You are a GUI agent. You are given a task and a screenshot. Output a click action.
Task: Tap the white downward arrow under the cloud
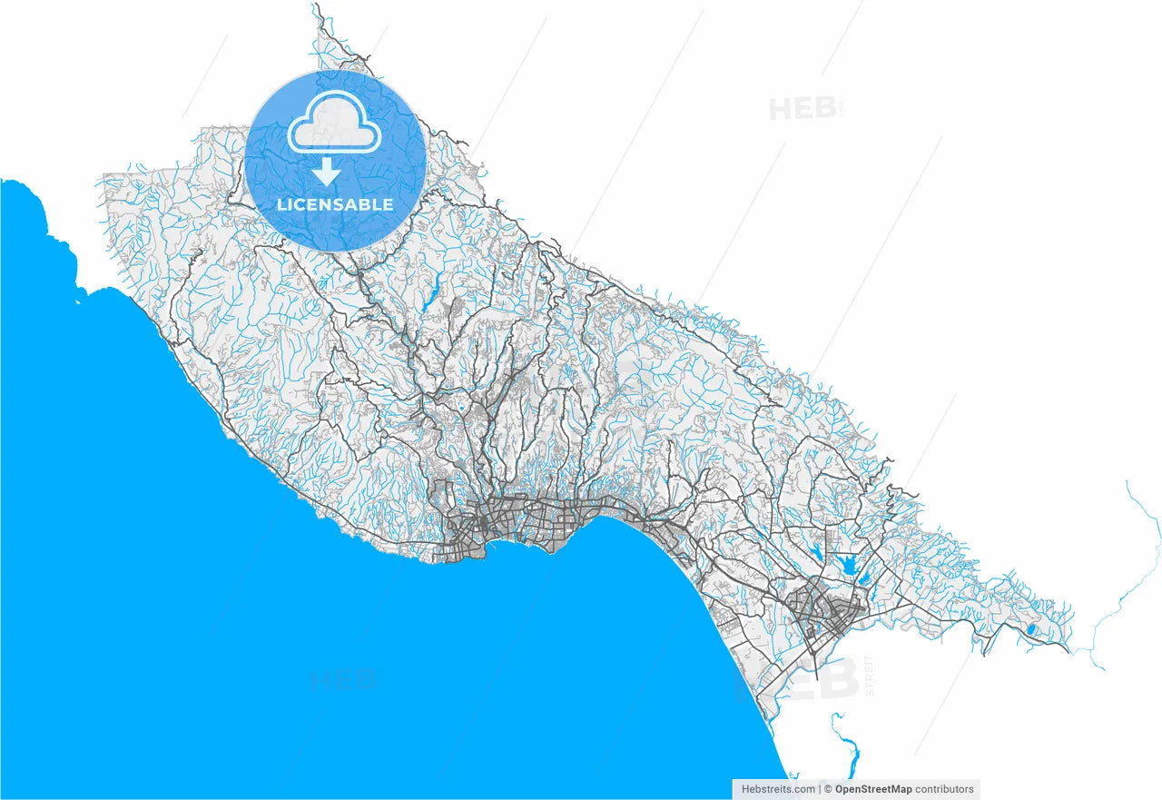tap(327, 171)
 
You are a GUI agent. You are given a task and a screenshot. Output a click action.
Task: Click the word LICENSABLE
tap(335, 204)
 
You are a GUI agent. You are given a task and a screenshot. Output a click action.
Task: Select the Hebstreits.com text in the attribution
tap(778, 789)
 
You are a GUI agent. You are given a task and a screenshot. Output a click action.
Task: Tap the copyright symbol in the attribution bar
tap(828, 789)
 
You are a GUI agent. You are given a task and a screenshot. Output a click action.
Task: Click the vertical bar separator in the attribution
tap(819, 789)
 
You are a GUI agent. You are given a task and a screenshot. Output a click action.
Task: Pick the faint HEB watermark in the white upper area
tap(803, 109)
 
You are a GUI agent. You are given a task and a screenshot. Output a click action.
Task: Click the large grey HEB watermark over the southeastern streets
tap(799, 678)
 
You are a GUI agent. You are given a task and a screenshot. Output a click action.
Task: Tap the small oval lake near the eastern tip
tap(1030, 629)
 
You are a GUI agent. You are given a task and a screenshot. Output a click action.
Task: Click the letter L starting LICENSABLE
tap(281, 204)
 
